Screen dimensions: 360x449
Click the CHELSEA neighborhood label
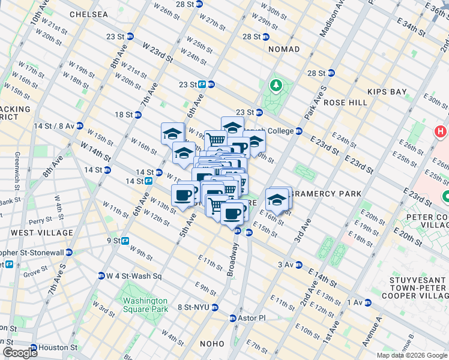[89, 14]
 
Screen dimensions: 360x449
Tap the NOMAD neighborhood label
[284, 49]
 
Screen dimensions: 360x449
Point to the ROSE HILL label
[345, 103]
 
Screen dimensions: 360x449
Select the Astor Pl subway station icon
[234, 318]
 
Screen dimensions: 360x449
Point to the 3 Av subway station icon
[298, 264]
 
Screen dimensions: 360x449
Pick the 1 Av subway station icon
[367, 302]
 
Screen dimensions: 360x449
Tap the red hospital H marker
[441, 131]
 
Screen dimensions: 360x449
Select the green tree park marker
[276, 86]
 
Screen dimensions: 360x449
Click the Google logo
[20, 352]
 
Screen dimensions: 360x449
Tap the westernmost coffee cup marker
[183, 194]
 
